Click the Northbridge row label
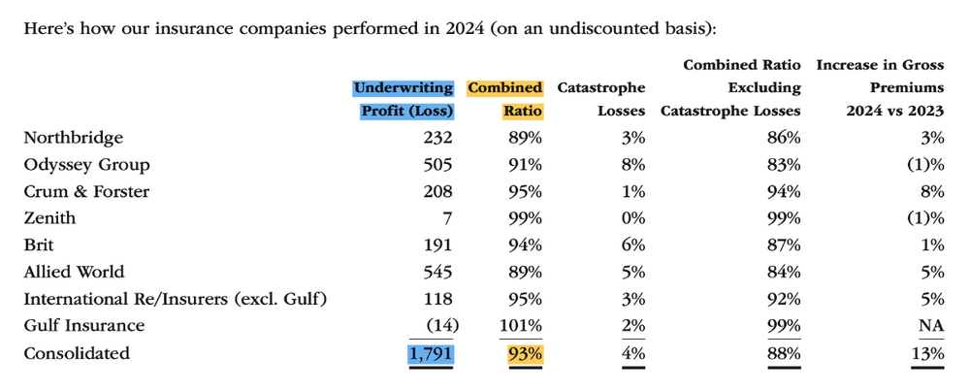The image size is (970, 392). (x=73, y=138)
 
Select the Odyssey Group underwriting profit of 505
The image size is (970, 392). (x=437, y=165)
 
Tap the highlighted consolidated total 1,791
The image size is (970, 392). (x=431, y=353)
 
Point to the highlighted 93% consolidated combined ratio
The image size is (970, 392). (x=525, y=353)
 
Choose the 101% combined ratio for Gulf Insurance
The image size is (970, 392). (x=520, y=326)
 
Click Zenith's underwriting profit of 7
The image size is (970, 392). (x=448, y=218)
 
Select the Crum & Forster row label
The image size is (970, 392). (x=86, y=191)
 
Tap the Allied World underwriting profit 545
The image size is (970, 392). (x=437, y=272)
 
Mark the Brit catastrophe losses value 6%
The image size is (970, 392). (x=633, y=245)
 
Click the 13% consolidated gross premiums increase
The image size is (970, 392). (x=928, y=353)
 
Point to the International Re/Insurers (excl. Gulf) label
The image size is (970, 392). (x=175, y=299)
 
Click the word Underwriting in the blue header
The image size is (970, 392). (x=404, y=88)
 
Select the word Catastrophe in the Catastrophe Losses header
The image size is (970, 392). (x=601, y=88)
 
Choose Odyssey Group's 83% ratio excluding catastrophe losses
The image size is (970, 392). (x=785, y=165)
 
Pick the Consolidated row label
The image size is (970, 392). (x=77, y=353)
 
